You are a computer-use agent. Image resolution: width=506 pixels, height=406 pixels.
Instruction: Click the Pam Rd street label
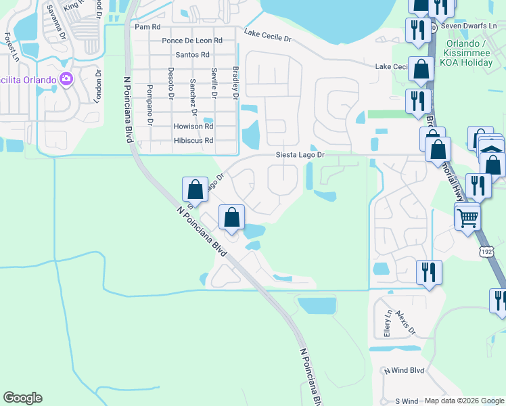(147, 27)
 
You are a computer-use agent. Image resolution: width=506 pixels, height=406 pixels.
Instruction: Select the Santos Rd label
(192, 55)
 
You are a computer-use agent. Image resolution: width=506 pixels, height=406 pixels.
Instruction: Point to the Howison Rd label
(193, 127)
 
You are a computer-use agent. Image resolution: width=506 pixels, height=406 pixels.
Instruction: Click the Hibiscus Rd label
(193, 141)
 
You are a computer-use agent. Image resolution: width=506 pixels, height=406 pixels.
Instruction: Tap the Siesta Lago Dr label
(300, 155)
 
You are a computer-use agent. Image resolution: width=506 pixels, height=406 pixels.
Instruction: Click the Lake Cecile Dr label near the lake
(267, 35)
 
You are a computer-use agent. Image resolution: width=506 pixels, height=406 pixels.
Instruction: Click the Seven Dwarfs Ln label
(468, 26)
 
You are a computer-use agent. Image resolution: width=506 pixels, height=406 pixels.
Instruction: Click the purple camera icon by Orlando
(66, 79)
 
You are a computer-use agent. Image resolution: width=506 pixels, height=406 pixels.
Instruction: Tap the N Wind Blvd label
(404, 371)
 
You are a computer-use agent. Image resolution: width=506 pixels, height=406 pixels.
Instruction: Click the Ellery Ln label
(388, 326)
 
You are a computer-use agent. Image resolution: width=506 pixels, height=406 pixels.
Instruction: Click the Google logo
(22, 398)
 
